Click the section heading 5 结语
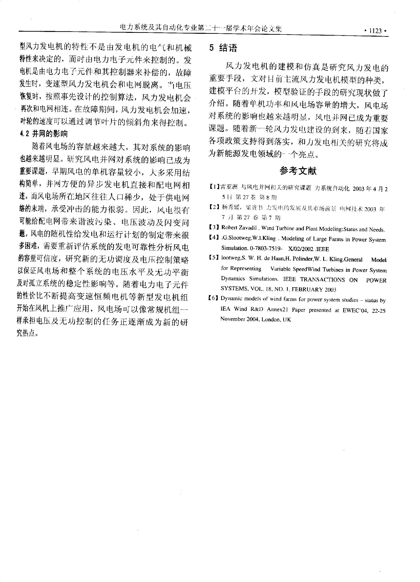[223, 48]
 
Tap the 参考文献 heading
[298, 171]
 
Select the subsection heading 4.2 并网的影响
[44, 134]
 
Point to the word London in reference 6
[271, 320]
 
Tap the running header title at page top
[201, 28]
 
